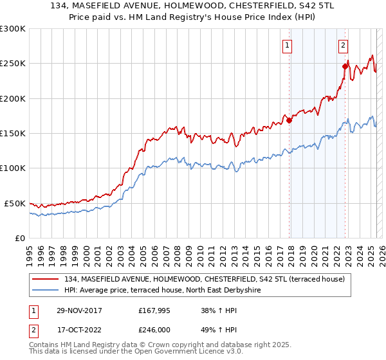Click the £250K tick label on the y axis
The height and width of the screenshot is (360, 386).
click(13, 64)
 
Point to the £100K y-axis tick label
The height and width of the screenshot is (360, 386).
click(13, 168)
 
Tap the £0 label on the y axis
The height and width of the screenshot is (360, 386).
click(19, 238)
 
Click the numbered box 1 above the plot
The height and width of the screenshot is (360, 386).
click(286, 45)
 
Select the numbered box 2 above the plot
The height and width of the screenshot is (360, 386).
click(344, 45)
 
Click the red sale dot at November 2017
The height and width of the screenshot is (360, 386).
click(289, 120)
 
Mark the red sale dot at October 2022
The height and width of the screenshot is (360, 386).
click(345, 66)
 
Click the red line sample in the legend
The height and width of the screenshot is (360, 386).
click(46, 279)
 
